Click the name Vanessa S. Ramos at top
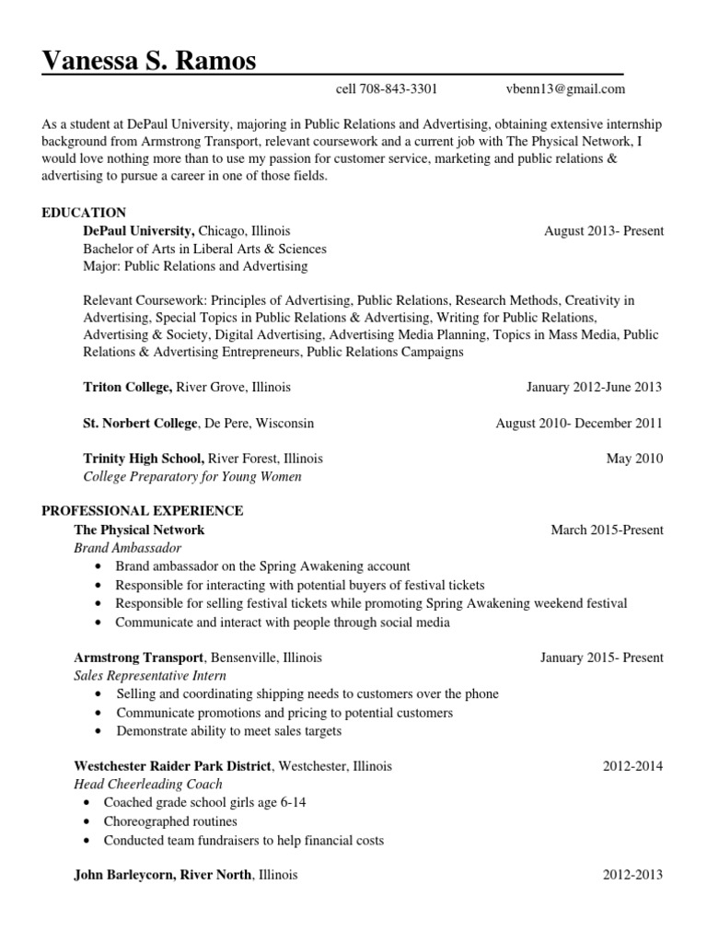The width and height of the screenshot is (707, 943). point(149,61)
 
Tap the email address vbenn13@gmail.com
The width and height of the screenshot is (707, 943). point(565,89)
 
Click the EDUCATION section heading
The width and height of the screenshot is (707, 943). point(84,213)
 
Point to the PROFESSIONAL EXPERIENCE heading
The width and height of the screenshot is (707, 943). point(143,510)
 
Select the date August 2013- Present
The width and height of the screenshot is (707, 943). point(603,231)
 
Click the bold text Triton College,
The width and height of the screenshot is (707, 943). point(126,388)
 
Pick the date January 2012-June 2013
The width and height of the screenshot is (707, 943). point(594,388)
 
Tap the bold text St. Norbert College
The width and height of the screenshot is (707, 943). point(140,424)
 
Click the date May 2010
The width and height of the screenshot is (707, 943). point(634,459)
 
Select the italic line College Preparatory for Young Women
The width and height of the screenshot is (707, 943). point(192,477)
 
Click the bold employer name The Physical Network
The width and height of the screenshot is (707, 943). point(139,530)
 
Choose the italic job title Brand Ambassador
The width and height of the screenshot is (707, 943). point(128,548)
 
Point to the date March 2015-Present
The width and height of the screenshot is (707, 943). point(607,530)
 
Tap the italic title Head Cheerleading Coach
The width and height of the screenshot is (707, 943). point(148,785)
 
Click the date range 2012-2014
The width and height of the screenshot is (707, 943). point(632,766)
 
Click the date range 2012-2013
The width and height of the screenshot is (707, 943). point(632,875)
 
